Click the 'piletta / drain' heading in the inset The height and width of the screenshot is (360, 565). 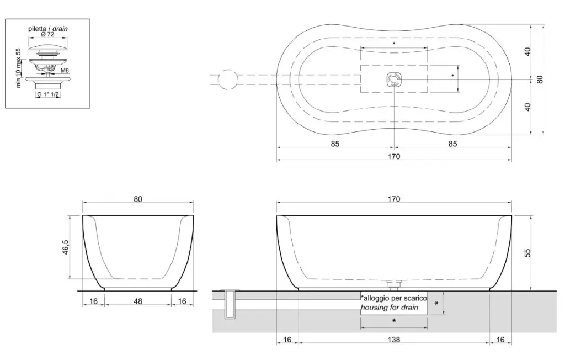click(48, 29)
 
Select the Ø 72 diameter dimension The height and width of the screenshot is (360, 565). click(47, 34)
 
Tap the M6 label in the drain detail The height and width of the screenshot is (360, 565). click(65, 71)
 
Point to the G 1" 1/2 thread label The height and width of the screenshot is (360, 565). click(48, 94)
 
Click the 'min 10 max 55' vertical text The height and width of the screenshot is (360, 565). click(19, 68)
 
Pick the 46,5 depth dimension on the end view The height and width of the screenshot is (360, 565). click(66, 247)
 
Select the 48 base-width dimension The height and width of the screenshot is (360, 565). click(137, 301)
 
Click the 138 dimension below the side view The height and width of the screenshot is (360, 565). click(394, 340)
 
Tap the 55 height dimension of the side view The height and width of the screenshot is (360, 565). click(527, 253)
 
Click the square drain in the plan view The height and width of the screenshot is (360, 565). click(394, 80)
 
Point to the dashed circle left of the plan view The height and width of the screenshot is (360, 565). click(228, 79)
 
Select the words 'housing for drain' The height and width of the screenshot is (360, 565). click(390, 308)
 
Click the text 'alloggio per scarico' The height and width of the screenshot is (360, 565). click(395, 298)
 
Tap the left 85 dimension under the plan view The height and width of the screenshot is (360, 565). click(335, 144)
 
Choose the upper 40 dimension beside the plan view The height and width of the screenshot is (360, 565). click(527, 51)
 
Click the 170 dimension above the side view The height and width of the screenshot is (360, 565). click(394, 199)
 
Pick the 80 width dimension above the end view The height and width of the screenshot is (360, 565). click(138, 199)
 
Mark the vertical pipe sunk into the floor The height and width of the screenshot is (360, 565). click(230, 304)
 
